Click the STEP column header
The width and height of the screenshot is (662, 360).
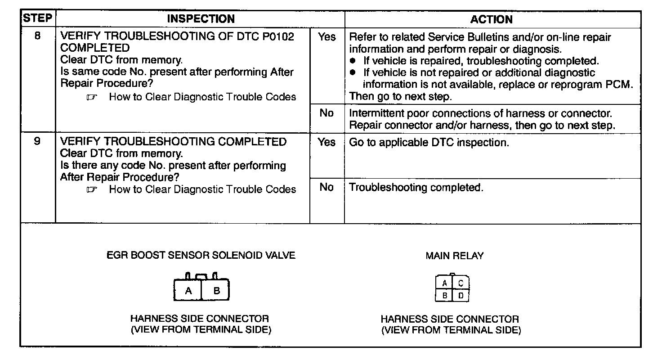(x=38, y=18)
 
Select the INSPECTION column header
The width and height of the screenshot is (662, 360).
(x=201, y=19)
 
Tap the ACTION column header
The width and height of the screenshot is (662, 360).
(x=492, y=19)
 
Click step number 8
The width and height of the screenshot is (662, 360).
(x=38, y=36)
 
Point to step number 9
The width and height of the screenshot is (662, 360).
(x=38, y=141)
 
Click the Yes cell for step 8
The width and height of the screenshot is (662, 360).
(x=327, y=37)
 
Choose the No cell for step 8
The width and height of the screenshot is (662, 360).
(x=327, y=113)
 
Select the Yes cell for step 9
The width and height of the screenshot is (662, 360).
(x=327, y=142)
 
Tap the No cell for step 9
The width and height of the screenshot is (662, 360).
(x=327, y=187)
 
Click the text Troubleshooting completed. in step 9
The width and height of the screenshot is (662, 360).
(x=416, y=188)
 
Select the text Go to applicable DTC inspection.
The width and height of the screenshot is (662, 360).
(x=429, y=143)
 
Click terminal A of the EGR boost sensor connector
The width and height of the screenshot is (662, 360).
(x=188, y=291)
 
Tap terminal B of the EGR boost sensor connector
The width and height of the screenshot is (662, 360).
(x=216, y=291)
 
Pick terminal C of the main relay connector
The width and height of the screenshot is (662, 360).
(x=461, y=283)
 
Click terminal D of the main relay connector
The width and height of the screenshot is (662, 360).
(x=461, y=296)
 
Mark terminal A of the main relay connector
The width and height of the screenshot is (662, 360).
(x=444, y=283)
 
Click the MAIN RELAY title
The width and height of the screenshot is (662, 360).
(x=454, y=256)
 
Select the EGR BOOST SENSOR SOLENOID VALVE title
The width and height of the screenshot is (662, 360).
(x=201, y=255)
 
